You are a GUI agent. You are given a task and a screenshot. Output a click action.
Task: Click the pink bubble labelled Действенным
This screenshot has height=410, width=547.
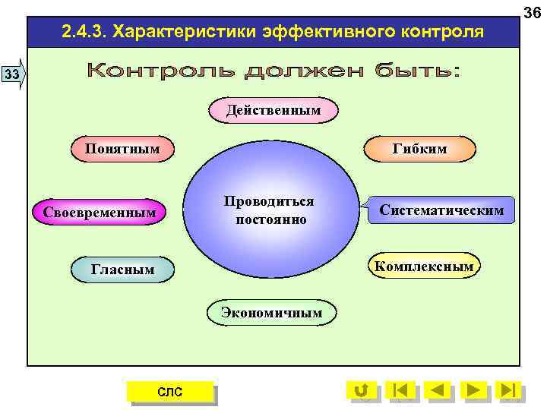(273, 111)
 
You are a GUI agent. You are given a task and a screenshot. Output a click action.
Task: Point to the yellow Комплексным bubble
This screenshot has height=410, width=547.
(423, 266)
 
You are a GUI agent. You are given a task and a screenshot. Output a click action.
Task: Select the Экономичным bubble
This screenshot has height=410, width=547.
(271, 312)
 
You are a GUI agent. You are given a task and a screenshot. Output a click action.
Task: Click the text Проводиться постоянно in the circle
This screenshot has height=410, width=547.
(270, 210)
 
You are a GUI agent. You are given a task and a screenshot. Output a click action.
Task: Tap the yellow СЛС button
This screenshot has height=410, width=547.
(169, 391)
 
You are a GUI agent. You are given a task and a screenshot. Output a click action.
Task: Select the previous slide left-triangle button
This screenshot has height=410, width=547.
(438, 390)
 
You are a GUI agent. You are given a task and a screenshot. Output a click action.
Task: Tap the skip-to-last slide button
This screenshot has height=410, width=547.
(510, 390)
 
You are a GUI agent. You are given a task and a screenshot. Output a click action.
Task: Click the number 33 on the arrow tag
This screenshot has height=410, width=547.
(11, 74)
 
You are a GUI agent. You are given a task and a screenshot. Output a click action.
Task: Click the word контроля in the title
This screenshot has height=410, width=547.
(438, 33)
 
